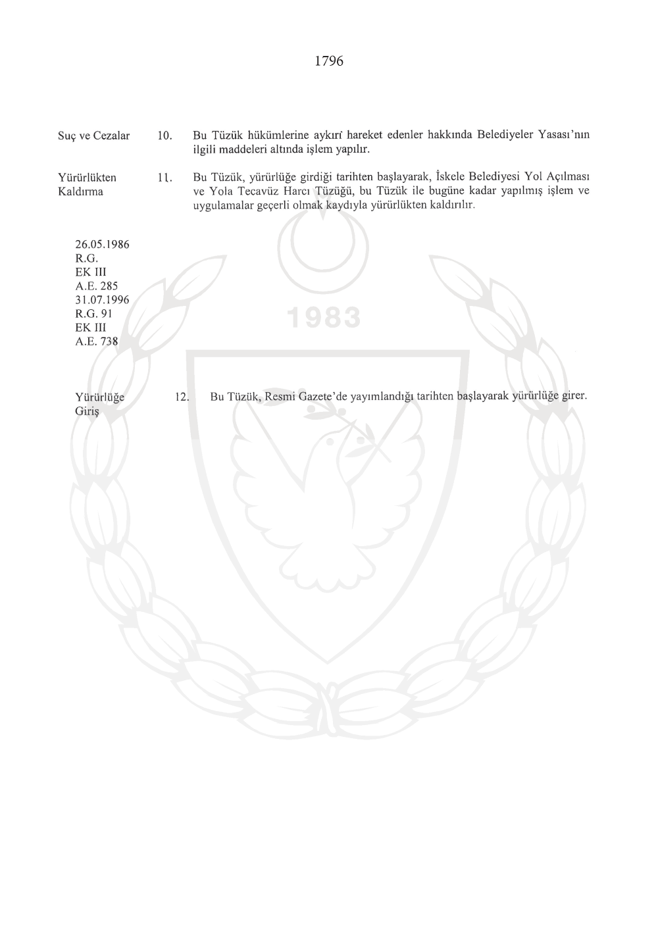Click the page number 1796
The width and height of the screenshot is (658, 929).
pos(329,61)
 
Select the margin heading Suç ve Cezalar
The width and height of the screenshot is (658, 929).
pos(94,136)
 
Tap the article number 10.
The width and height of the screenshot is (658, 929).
pos(164,136)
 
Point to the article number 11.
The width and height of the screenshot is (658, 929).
pos(164,178)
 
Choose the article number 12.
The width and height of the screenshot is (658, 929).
pos(182,397)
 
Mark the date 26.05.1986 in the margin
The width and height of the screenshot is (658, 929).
pos(102,245)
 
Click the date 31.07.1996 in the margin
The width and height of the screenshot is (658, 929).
pos(102,300)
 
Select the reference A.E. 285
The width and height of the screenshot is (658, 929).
pos(96,286)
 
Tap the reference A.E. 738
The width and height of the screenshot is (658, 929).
pos(96,341)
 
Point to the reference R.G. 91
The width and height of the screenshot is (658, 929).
pos(94,314)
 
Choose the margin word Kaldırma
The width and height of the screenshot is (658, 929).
pos(81,192)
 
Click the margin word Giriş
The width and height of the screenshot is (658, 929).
pos(87,411)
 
